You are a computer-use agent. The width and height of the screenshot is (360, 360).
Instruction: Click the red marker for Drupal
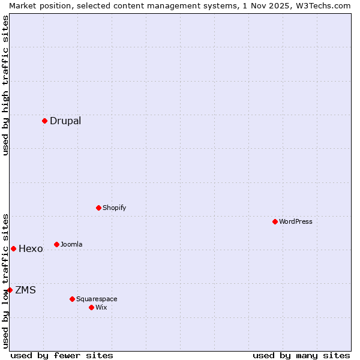[x=44, y=121]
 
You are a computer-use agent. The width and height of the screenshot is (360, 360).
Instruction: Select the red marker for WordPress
[x=275, y=221]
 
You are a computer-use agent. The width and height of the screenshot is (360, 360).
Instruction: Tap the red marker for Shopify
[x=98, y=208]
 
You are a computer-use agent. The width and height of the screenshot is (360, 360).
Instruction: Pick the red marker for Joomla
[x=56, y=244]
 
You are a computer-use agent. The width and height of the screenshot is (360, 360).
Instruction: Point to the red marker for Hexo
[x=13, y=248]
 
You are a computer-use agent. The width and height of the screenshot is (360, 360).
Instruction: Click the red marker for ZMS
[x=10, y=290]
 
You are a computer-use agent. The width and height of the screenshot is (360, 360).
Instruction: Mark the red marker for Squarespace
[x=72, y=299]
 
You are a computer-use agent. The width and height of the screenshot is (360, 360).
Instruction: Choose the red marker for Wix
[x=91, y=307]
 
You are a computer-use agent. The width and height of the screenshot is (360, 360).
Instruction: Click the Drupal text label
[x=65, y=121]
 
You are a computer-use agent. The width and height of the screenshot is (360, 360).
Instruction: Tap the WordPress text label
[x=296, y=221]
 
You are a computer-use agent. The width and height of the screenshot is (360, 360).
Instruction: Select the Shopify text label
[x=114, y=208]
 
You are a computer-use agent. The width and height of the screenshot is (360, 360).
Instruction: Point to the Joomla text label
[x=71, y=244]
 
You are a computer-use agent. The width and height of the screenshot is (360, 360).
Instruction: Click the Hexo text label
[x=31, y=248]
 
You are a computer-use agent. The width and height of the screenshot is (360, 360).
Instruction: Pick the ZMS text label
[x=25, y=290]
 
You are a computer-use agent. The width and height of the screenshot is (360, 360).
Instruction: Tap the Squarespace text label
[x=97, y=299]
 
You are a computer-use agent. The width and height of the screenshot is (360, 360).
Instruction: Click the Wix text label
[x=101, y=307]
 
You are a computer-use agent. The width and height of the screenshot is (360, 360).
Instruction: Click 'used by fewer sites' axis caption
[x=62, y=355]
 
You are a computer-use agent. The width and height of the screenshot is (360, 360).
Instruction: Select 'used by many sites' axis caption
[x=301, y=355]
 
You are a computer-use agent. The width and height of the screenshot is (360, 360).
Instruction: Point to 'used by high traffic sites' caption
[x=5, y=85]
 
